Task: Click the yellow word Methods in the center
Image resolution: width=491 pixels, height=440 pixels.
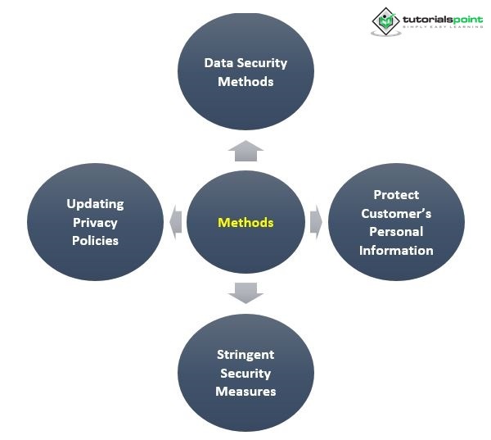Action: [x=245, y=222]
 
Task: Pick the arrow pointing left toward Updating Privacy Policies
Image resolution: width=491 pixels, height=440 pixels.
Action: [x=176, y=222]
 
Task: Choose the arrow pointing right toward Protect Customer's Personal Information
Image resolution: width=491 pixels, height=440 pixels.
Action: [x=316, y=222]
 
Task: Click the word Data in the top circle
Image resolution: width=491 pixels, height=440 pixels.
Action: [x=216, y=63]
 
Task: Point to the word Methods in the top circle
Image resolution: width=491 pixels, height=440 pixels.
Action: [x=245, y=82]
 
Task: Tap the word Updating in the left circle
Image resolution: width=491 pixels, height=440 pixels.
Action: [x=95, y=203]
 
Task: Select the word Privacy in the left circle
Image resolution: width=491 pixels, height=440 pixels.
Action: [x=95, y=222]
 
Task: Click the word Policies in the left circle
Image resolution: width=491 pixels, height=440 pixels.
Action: [x=95, y=241]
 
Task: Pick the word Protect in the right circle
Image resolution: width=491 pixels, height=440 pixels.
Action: [x=396, y=194]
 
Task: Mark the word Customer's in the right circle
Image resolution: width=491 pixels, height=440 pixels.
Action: [x=396, y=213]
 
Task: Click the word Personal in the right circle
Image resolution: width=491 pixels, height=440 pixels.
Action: [x=396, y=232]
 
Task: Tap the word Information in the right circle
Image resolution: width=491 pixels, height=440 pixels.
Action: [x=396, y=251]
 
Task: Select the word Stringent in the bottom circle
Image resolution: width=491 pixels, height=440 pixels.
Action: [x=245, y=355]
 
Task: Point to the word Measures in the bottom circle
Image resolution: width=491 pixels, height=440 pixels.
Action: [x=245, y=392]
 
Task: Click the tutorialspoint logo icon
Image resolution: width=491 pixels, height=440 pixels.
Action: [x=385, y=21]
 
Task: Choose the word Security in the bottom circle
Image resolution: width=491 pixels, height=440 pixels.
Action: [x=245, y=374]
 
